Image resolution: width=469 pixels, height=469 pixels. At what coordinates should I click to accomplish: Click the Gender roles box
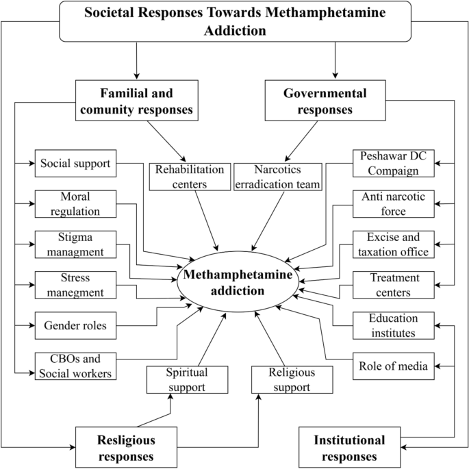pyautogui.click(x=74, y=325)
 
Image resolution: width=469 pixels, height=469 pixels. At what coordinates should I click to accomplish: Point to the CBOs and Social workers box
pyautogui.click(x=74, y=366)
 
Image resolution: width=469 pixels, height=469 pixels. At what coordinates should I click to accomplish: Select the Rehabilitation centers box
pyautogui.click(x=189, y=176)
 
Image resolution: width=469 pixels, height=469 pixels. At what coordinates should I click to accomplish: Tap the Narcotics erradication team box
pyautogui.click(x=278, y=176)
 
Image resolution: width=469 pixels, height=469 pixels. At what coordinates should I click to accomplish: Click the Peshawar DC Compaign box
pyautogui.click(x=394, y=164)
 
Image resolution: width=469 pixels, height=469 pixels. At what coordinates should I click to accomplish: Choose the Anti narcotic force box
pyautogui.click(x=394, y=204)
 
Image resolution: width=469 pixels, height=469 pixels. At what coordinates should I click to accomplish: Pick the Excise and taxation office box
pyautogui.click(x=394, y=244)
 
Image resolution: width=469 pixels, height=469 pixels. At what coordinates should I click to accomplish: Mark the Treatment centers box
pyautogui.click(x=394, y=286)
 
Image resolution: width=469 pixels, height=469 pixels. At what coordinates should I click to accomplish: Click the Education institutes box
pyautogui.click(x=394, y=325)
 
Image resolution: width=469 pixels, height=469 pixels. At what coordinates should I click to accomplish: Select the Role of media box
pyautogui.click(x=394, y=366)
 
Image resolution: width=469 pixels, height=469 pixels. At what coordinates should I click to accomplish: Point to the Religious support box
pyautogui.click(x=292, y=380)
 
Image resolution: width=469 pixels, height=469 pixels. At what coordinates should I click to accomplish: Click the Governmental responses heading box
pyautogui.click(x=334, y=101)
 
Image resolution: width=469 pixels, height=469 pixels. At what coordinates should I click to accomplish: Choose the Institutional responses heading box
pyautogui.click(x=349, y=448)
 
